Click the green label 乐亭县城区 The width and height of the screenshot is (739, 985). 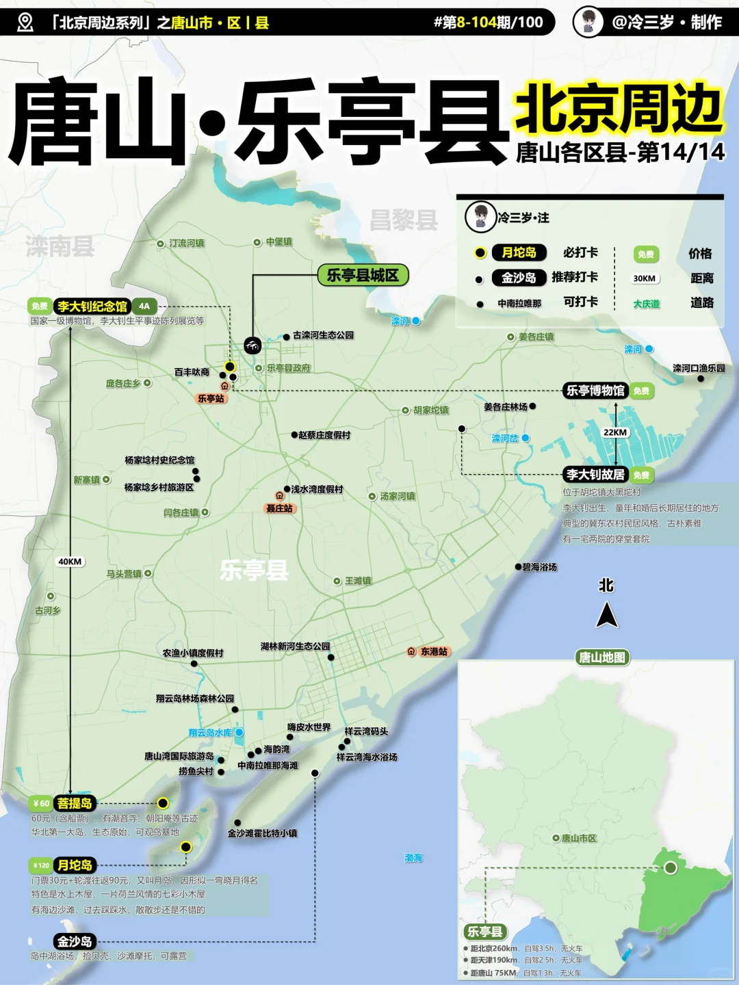[x=363, y=275]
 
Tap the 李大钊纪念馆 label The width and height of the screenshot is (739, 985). [x=92, y=306]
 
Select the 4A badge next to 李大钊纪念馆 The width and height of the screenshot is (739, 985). [x=144, y=306]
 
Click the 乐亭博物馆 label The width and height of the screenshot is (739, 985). [x=595, y=391]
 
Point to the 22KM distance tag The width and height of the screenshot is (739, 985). [x=615, y=432]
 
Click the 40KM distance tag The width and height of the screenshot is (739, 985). [x=70, y=562]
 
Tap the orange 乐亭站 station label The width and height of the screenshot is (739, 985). [x=211, y=398]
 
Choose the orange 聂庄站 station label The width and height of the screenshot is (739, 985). [x=280, y=508]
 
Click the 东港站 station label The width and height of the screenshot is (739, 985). [x=434, y=652]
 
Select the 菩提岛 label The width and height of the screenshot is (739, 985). [x=75, y=803]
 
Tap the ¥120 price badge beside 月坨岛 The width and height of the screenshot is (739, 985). [x=41, y=865]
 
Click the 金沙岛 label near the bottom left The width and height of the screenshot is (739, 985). [x=75, y=941]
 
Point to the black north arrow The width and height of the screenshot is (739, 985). [x=606, y=614]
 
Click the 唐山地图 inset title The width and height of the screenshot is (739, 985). [x=602, y=657]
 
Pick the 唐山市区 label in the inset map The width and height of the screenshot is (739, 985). [x=579, y=838]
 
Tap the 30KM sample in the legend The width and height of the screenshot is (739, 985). [x=644, y=278]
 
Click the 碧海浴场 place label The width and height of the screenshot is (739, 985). [x=539, y=567]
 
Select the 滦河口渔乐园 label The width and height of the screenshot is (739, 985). [x=698, y=368]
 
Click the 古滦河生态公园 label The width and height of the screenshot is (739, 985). [x=323, y=335]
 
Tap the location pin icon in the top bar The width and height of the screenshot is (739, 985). [x=25, y=23]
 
